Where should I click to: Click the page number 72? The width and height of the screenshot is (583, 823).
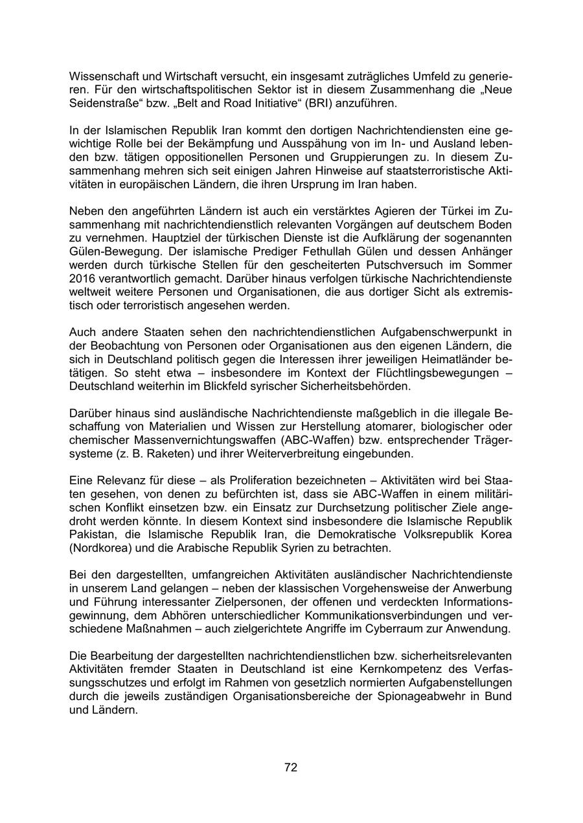[x=291, y=768]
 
